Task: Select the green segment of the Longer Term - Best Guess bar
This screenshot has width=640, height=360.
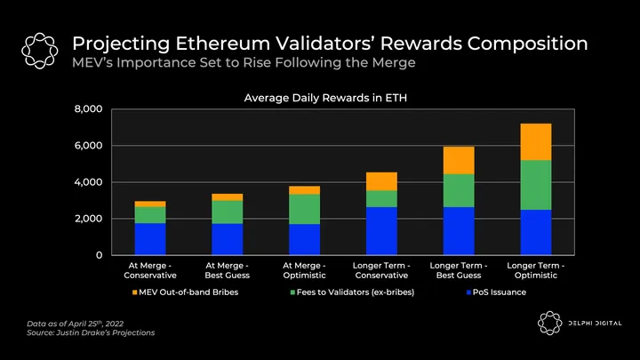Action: tap(459, 190)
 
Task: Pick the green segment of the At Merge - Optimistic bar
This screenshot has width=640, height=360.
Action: tap(305, 209)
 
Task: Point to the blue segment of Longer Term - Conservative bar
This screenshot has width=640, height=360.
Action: tap(381, 230)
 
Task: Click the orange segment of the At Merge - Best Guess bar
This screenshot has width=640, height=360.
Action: tap(228, 196)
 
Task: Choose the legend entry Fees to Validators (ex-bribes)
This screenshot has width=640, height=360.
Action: tap(356, 292)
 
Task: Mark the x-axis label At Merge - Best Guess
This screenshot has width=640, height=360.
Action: tap(228, 269)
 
